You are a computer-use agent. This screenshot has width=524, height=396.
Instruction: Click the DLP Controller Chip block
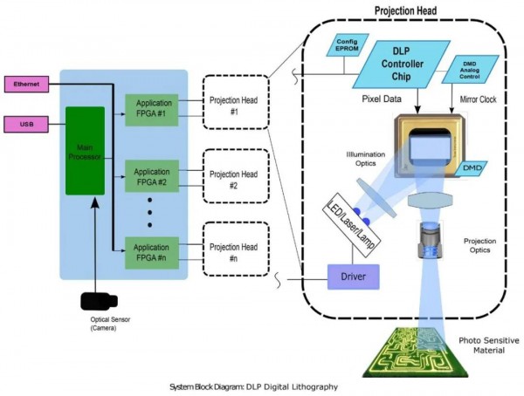point(408,62)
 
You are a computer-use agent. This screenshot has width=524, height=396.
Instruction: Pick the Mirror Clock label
point(477,100)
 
